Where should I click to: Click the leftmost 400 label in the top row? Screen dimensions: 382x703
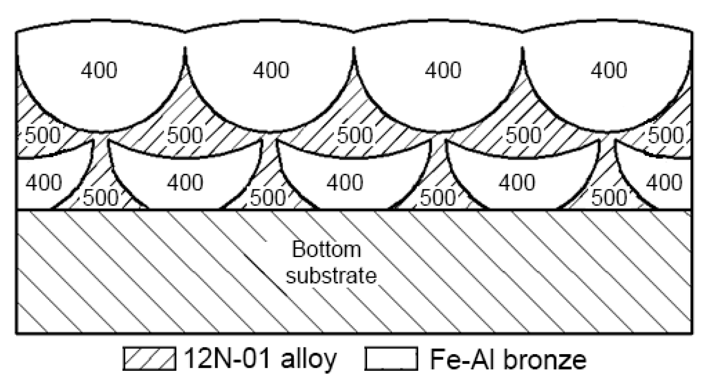tap(99, 71)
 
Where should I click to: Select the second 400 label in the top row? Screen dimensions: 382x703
tap(271, 71)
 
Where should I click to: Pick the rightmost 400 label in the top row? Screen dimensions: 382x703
tap(608, 71)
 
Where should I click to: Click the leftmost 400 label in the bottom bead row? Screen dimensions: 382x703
tap(44, 182)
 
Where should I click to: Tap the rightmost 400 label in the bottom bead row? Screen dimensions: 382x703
tap(664, 182)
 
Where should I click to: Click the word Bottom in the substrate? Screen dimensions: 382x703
tap(327, 251)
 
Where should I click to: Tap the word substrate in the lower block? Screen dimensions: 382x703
tap(332, 276)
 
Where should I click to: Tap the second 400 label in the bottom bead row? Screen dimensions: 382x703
tap(185, 182)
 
